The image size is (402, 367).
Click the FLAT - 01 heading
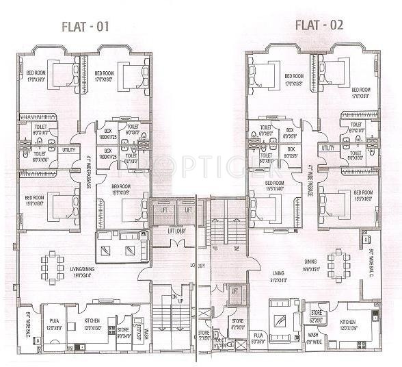click(81, 27)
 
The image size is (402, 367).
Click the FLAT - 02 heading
click(319, 25)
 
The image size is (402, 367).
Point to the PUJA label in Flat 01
click(53, 322)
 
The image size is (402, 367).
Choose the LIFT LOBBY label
click(179, 231)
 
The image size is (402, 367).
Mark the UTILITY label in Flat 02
click(327, 148)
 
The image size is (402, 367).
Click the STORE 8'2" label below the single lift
click(237, 322)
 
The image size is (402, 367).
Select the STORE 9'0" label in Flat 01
click(124, 332)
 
